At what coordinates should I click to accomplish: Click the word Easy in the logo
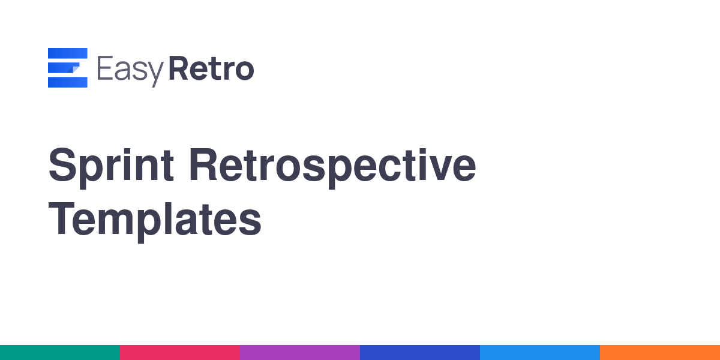[x=131, y=71]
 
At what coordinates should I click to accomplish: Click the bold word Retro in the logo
[x=211, y=68]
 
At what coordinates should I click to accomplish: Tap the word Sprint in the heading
[x=111, y=168]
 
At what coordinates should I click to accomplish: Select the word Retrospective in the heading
[x=332, y=168]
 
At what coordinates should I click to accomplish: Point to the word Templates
[x=155, y=222]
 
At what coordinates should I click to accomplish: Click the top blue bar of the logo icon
[x=67, y=53]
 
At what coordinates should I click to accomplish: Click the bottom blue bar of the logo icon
[x=67, y=82]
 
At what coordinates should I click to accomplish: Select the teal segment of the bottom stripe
[x=60, y=353]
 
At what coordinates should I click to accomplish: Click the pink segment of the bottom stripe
[x=180, y=353]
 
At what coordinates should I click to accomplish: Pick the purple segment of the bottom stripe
[x=300, y=353]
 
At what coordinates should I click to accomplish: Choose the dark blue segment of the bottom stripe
[x=420, y=353]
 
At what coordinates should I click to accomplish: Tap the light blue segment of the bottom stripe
[x=540, y=353]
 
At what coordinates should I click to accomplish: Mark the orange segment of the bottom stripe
[x=660, y=353]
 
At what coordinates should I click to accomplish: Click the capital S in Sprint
[x=62, y=164]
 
